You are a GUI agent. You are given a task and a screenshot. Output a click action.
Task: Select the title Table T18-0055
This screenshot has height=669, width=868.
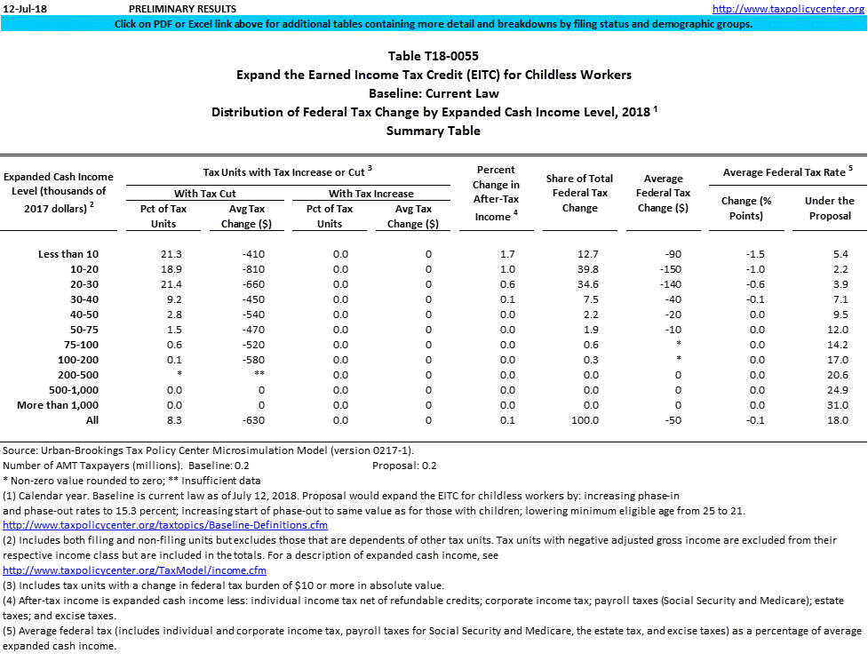(434, 56)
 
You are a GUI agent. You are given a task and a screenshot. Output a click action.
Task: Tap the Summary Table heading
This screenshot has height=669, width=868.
(434, 131)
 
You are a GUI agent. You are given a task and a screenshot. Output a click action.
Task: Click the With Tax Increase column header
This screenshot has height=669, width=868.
(370, 193)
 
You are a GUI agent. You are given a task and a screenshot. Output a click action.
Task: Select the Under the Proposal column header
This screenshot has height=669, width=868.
(829, 208)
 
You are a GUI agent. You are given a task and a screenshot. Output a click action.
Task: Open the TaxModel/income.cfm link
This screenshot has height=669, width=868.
(134, 569)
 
